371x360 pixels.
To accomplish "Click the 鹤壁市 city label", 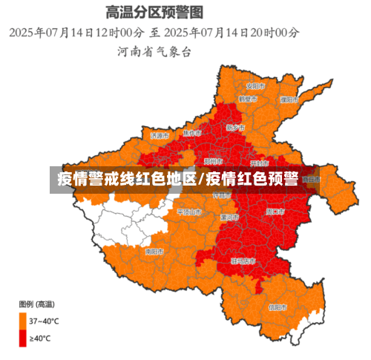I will tap(249, 99).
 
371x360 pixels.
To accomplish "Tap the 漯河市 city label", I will tap(229, 217).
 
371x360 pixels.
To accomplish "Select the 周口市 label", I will tap(276, 212).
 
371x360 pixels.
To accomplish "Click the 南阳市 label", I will tap(154, 252).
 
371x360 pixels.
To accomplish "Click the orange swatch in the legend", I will tap(23, 321).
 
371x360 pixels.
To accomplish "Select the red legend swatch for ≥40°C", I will tap(23, 338).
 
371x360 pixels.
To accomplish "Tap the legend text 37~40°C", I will tap(45, 321).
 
